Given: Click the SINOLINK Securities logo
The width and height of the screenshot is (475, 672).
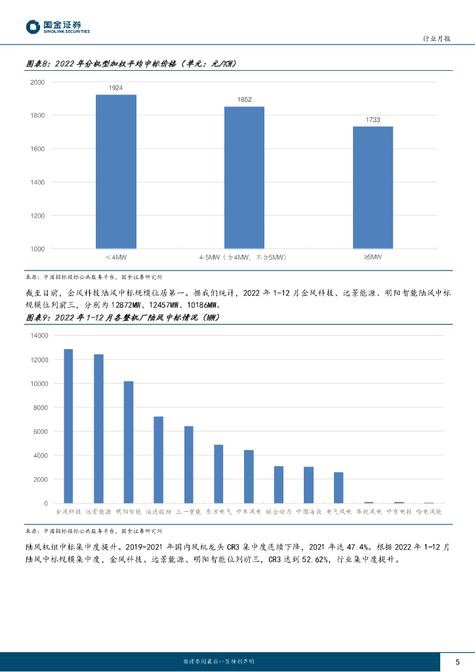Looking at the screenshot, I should tap(57, 26).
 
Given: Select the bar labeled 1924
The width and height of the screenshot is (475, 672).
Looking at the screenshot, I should tap(116, 171).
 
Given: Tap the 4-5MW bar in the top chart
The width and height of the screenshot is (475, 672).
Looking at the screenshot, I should tap(244, 177).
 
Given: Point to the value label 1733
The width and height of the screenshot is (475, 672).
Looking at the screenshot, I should tap(373, 119).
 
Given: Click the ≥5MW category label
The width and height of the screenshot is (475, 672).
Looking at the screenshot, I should tap(373, 257).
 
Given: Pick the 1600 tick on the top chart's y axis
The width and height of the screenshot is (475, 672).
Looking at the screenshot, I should tap(37, 149).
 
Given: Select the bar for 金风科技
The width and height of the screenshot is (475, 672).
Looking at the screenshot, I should tap(68, 426).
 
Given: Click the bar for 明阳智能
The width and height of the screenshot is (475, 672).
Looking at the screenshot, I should tap(129, 442).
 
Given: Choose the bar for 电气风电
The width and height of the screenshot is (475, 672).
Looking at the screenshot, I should tap(339, 488).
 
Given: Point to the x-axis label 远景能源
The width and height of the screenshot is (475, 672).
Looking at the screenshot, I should tap(98, 511).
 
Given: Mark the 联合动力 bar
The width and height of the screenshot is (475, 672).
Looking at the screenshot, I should tap(279, 484).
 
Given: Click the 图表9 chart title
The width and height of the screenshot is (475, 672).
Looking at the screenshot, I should tap(121, 318).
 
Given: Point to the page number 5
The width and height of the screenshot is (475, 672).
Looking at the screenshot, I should tap(457, 661).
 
